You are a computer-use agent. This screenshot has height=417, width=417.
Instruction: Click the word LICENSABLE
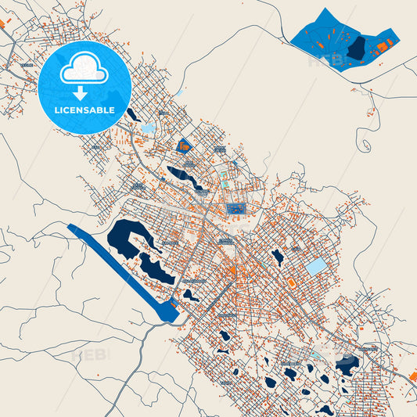click(84, 110)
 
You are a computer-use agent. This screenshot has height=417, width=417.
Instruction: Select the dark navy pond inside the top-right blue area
click(357, 49)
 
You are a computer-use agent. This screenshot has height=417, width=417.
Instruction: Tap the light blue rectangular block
click(316, 267)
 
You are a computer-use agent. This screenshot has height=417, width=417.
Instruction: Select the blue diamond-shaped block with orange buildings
click(185, 145)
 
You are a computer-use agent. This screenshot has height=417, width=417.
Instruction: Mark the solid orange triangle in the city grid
click(232, 271)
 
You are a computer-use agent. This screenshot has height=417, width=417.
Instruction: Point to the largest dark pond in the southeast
click(347, 363)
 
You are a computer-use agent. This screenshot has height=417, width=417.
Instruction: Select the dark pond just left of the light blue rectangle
click(277, 256)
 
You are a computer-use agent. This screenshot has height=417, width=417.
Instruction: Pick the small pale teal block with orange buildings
click(225, 183)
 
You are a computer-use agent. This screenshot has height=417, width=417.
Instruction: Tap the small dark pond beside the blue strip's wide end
click(191, 295)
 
